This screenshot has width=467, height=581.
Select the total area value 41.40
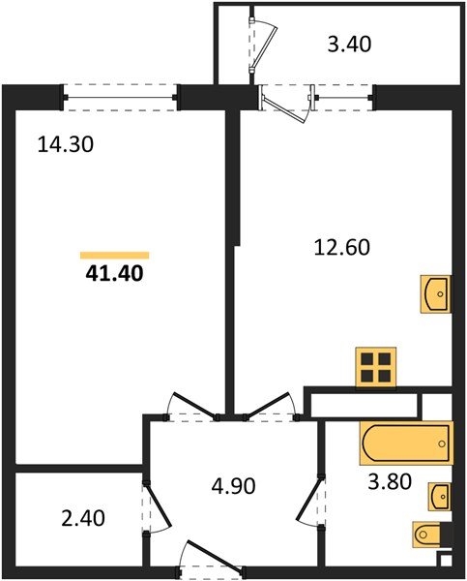point(115,274)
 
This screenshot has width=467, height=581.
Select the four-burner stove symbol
point(375,366)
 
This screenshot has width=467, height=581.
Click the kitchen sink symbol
point(436,293)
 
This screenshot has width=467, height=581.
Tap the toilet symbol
point(428,534)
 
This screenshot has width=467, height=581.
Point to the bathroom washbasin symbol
point(439,496)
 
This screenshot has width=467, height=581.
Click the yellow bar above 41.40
point(114,255)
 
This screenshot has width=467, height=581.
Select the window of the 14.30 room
point(122,94)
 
